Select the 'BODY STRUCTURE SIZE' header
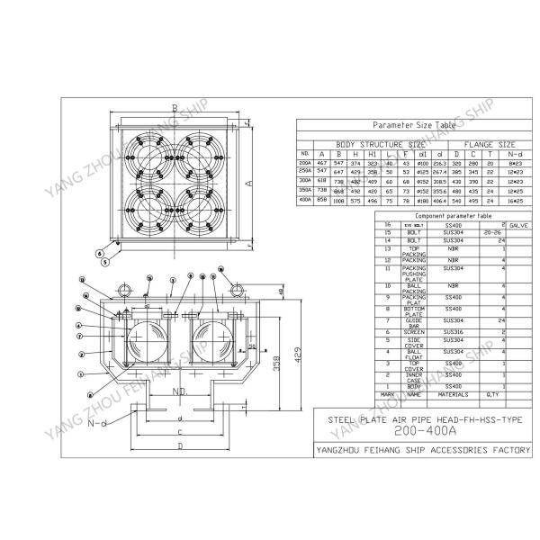[381, 143]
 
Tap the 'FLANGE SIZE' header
[489, 143]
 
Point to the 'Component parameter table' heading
[434, 216]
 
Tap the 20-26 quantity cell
[490, 233]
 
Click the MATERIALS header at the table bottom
[453, 393]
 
